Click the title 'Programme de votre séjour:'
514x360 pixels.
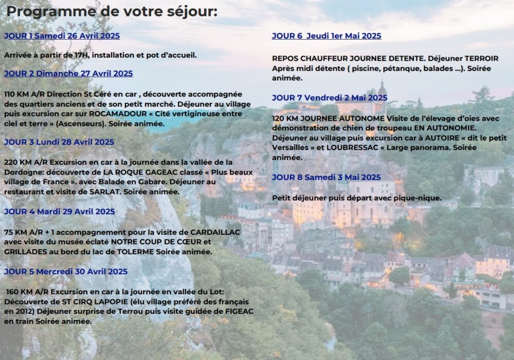pyautogui.click(x=112, y=11)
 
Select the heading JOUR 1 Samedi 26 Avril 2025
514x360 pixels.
pyautogui.click(x=62, y=36)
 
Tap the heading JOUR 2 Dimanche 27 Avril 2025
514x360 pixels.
pyautogui.click(x=68, y=73)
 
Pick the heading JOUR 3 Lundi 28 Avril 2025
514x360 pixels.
pyautogui.click(x=59, y=142)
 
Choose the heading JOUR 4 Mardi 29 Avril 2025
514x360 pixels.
pyautogui.click(x=59, y=211)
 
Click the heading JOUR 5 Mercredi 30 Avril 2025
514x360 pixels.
pyautogui.click(x=66, y=271)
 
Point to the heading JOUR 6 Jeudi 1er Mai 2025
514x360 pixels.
pyautogui.click(x=326, y=36)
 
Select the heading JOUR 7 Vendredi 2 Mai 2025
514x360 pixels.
pyautogui.click(x=329, y=98)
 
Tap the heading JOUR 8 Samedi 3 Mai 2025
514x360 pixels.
pyautogui.click(x=326, y=177)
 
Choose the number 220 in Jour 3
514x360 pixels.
pyautogui.click(x=11, y=162)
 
